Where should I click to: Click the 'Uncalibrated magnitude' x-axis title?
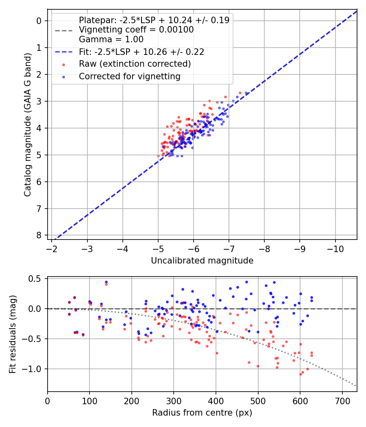pyautogui.click(x=202, y=261)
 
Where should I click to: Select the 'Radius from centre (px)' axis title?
pyautogui.click(x=202, y=413)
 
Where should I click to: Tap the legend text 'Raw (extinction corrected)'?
pyautogui.click(x=135, y=64)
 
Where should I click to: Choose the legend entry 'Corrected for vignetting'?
pyautogui.click(x=130, y=76)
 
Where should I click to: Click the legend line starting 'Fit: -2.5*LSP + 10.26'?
pyautogui.click(x=142, y=52)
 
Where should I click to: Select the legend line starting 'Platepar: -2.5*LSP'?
pyautogui.click(x=154, y=20)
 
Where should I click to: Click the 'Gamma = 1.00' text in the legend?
pyautogui.click(x=111, y=39)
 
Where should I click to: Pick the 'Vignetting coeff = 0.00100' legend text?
pyautogui.click(x=136, y=30)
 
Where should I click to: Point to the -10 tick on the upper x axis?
pyautogui.click(x=335, y=248)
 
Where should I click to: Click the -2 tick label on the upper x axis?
pyautogui.click(x=52, y=248)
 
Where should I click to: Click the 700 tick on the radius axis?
pyautogui.click(x=342, y=401)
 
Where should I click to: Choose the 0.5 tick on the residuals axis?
pyautogui.click(x=37, y=279)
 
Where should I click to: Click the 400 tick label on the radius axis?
pyautogui.click(x=216, y=401)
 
